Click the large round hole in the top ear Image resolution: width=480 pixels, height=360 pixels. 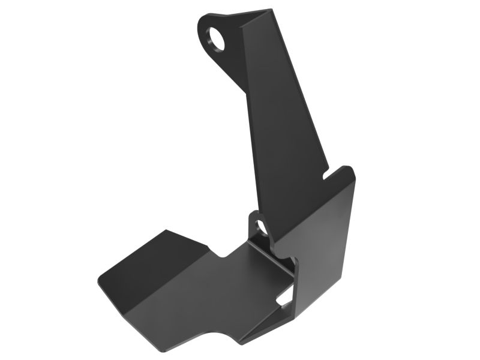click(x=218, y=40)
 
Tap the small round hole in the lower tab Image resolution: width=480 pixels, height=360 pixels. click(x=260, y=227)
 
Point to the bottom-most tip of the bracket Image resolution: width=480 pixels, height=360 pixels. click(x=242, y=344)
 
